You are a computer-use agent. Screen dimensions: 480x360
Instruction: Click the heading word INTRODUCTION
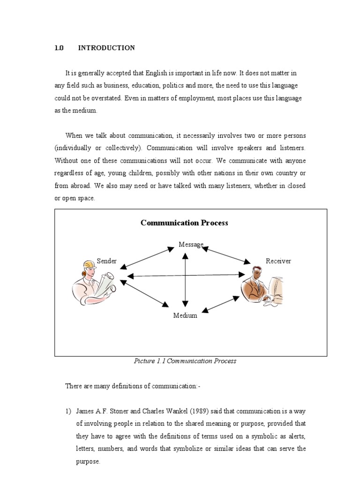(x=106, y=48)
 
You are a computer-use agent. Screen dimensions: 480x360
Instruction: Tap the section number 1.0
(x=59, y=48)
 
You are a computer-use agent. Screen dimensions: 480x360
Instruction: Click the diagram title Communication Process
(x=184, y=223)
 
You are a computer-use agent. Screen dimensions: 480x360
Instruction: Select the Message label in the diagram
(x=191, y=244)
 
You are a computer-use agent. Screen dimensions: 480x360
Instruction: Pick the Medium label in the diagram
(x=185, y=315)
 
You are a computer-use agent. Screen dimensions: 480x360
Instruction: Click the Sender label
(x=106, y=261)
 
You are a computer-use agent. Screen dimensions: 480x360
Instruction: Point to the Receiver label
(x=278, y=261)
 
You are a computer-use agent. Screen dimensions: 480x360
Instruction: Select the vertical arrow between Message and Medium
(x=186, y=279)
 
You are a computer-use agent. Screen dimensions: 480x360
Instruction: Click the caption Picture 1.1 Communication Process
(x=185, y=361)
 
